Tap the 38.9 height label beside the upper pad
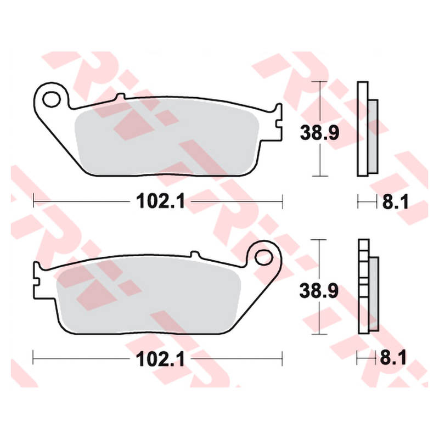(x=319, y=133)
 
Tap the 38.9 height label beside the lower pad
(x=319, y=291)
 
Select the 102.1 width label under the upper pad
(x=160, y=201)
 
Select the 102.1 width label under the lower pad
(x=160, y=359)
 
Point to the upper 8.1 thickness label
(x=395, y=201)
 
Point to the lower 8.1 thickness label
(x=393, y=358)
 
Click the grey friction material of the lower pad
(x=148, y=297)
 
